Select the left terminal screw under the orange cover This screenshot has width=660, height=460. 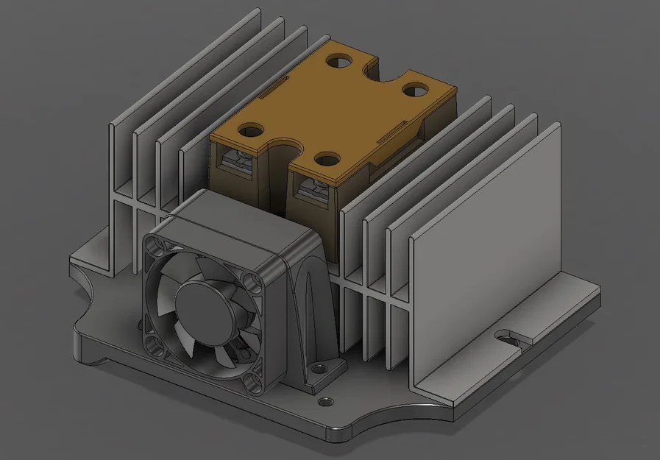pyautogui.click(x=239, y=158)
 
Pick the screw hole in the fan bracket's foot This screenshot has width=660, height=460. pyautogui.click(x=320, y=368)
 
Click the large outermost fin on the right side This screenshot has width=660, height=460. pyautogui.click(x=486, y=250)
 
